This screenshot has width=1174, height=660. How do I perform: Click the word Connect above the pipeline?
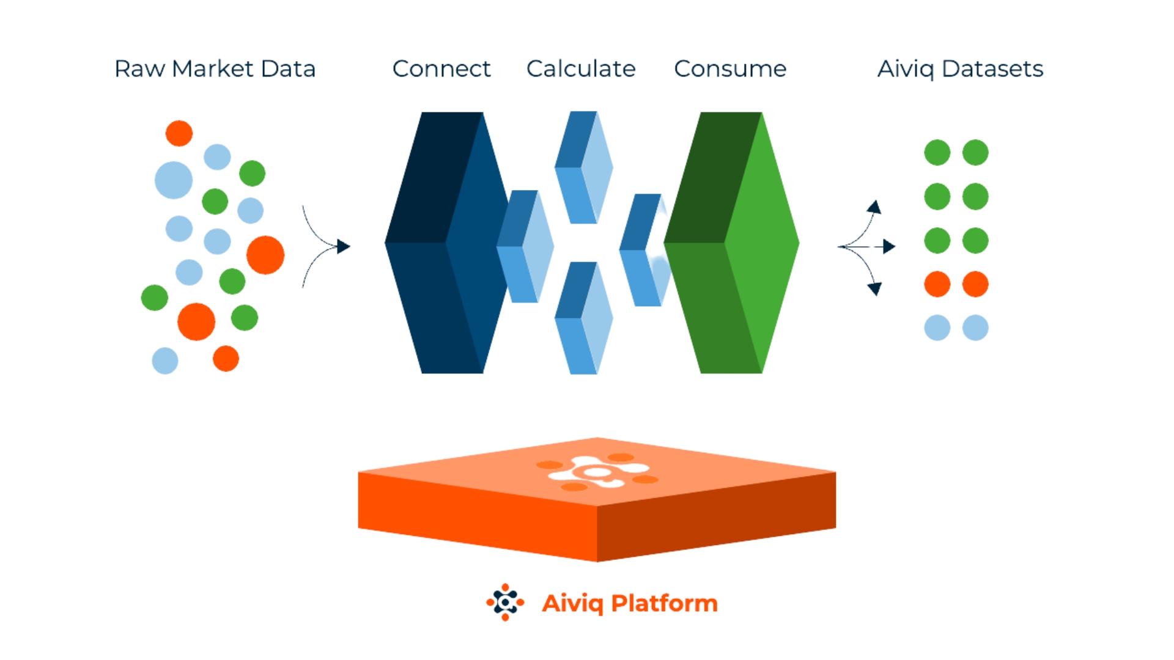click(x=441, y=68)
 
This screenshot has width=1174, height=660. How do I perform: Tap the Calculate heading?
click(x=581, y=68)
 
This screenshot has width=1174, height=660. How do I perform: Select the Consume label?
click(x=730, y=68)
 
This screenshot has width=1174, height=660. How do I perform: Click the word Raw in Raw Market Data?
click(x=139, y=68)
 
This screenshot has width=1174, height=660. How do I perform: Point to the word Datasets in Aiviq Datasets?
click(x=992, y=68)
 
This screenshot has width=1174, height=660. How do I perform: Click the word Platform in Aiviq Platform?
click(x=664, y=603)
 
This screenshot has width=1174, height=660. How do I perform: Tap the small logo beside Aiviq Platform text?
click(x=505, y=603)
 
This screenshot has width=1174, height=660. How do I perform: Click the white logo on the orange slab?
click(x=597, y=472)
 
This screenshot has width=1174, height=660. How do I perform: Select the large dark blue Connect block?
click(x=446, y=243)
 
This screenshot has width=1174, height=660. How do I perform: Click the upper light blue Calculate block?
click(x=584, y=167)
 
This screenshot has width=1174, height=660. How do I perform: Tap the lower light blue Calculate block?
click(x=584, y=318)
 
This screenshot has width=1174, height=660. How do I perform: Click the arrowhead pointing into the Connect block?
click(x=344, y=246)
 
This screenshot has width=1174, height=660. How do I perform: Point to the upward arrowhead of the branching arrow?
click(x=876, y=207)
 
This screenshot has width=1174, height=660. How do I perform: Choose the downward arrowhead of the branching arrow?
click(x=876, y=288)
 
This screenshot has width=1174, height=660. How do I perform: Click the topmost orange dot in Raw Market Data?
click(x=179, y=133)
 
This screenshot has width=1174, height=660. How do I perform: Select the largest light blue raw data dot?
click(x=174, y=180)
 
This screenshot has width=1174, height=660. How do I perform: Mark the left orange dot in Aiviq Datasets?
click(x=937, y=284)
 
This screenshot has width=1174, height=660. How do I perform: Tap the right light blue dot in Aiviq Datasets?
click(x=975, y=328)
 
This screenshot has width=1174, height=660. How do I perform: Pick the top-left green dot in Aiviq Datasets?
click(x=937, y=152)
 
